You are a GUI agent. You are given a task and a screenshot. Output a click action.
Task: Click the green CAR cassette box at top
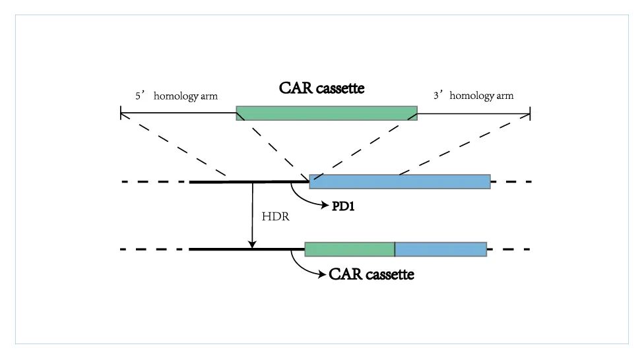[x=327, y=113]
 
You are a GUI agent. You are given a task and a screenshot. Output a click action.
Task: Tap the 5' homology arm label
[x=176, y=96]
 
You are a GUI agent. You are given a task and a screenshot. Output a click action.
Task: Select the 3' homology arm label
[x=473, y=96]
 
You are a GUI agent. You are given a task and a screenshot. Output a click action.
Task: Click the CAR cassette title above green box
[x=321, y=88]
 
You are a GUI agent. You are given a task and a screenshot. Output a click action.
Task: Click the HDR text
[x=275, y=217]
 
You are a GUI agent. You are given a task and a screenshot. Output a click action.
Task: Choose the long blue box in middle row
[x=400, y=181]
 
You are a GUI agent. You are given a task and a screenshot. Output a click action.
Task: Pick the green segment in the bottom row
[x=350, y=249]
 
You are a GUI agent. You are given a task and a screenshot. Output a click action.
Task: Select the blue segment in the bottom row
[x=441, y=249]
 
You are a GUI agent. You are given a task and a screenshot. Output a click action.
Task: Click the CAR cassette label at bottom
[x=371, y=274]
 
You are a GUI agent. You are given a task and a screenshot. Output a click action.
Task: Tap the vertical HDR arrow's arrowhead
[x=252, y=245]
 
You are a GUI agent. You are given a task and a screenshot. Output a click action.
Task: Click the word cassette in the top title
[x=340, y=88]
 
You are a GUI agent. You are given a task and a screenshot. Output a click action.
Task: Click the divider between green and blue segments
[x=395, y=249]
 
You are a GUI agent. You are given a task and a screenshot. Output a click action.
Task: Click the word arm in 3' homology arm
[x=504, y=96]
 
